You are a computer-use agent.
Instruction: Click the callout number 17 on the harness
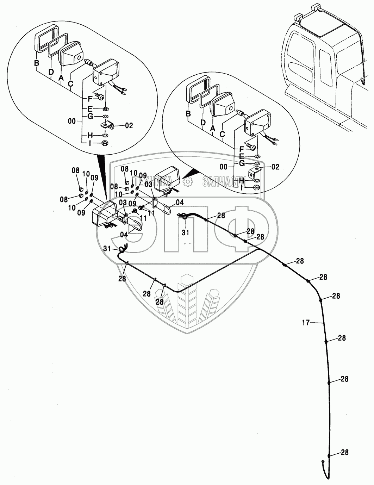point(306,322)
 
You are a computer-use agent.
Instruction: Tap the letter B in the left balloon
point(36,63)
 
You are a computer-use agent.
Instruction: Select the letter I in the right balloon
point(241,188)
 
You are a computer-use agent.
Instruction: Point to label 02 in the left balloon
point(129,125)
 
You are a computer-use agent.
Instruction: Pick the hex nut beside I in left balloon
point(105,143)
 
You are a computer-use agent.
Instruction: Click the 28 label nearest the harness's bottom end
point(345,453)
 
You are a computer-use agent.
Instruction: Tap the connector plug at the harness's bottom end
point(323,472)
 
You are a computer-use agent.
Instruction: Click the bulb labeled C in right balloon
point(241,113)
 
